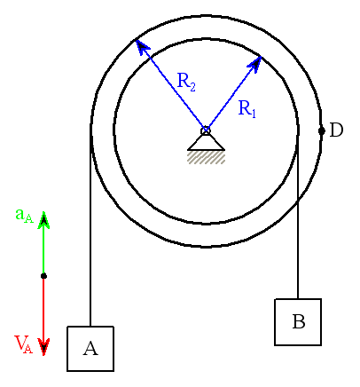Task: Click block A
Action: pyautogui.click(x=90, y=349)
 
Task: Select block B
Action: pyautogui.click(x=298, y=322)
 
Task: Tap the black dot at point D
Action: pyautogui.click(x=322, y=130)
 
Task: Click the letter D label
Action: pyautogui.click(x=336, y=130)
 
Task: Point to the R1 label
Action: pyautogui.click(x=247, y=108)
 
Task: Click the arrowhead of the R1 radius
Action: pyautogui.click(x=256, y=62)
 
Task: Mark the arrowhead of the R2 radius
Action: pyautogui.click(x=142, y=46)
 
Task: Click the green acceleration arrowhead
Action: pyautogui.click(x=43, y=220)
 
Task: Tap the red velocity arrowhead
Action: pyautogui.click(x=43, y=346)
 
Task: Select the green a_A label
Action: pyautogui.click(x=24, y=216)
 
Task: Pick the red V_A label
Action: pyautogui.click(x=24, y=344)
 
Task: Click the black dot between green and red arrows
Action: pyautogui.click(x=43, y=276)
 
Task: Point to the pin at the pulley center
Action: pyautogui.click(x=206, y=130)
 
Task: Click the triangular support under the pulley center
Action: pyautogui.click(x=206, y=143)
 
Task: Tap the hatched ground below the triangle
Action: pyautogui.click(x=206, y=157)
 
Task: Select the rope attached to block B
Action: pyautogui.click(x=298, y=215)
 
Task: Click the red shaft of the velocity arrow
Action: pyautogui.click(x=43, y=309)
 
